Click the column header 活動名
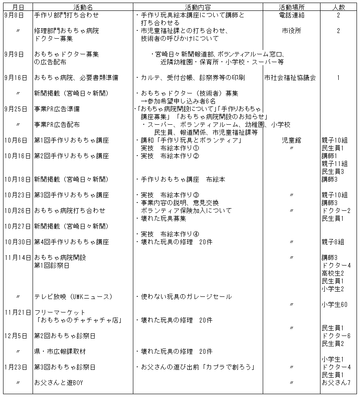pos(82,7)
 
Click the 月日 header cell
pos(17,7)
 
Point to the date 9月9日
pos(14,54)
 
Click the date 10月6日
pos(16,140)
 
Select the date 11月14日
pos(17,258)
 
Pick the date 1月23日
pos(16,367)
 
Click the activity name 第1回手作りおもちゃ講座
pos(72,140)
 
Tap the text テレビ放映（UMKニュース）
pos(73,297)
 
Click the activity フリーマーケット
pos(60,312)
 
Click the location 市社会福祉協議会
pos(290,78)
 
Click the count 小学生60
pos(334,305)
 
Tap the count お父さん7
pos(336,383)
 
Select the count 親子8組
pos(333,242)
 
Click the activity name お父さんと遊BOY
pos(59,383)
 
